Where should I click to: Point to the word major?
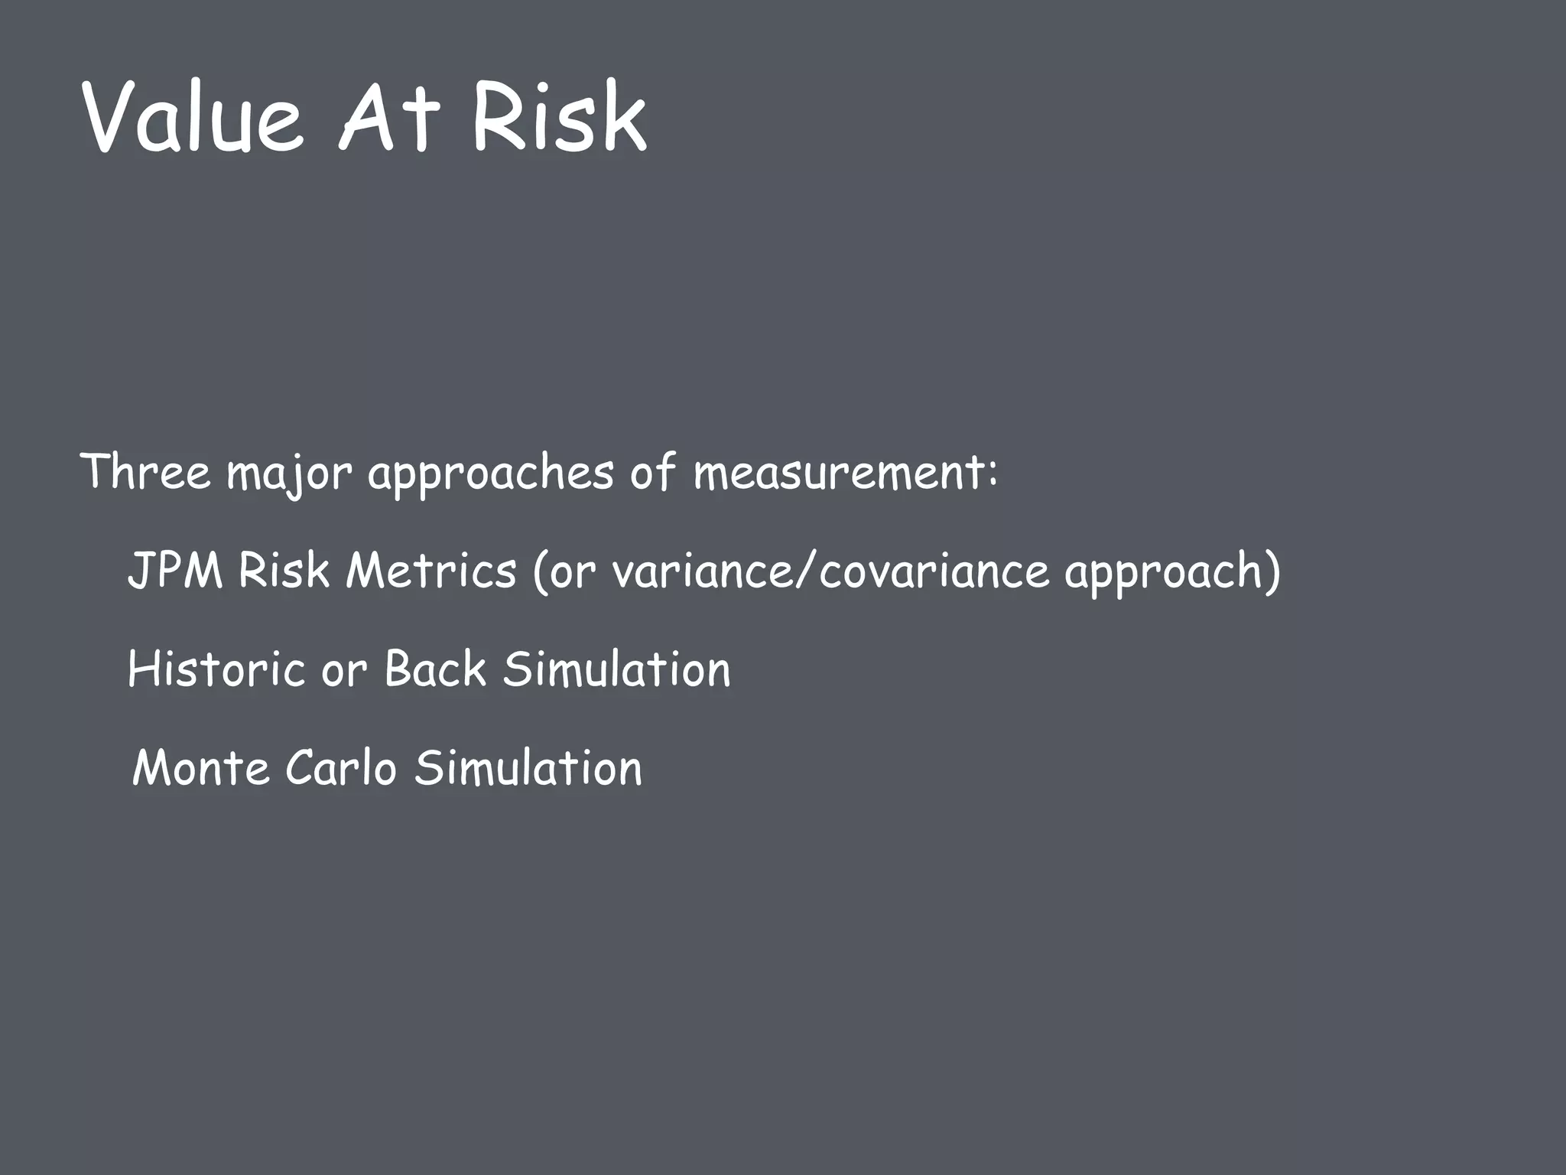click(x=288, y=474)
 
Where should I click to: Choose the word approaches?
click(x=490, y=474)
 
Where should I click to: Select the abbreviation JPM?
click(x=175, y=571)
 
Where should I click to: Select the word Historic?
click(x=216, y=669)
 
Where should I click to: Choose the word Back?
click(x=435, y=669)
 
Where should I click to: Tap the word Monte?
click(x=201, y=768)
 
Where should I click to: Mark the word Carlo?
click(x=341, y=768)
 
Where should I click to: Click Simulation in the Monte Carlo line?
click(x=528, y=768)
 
